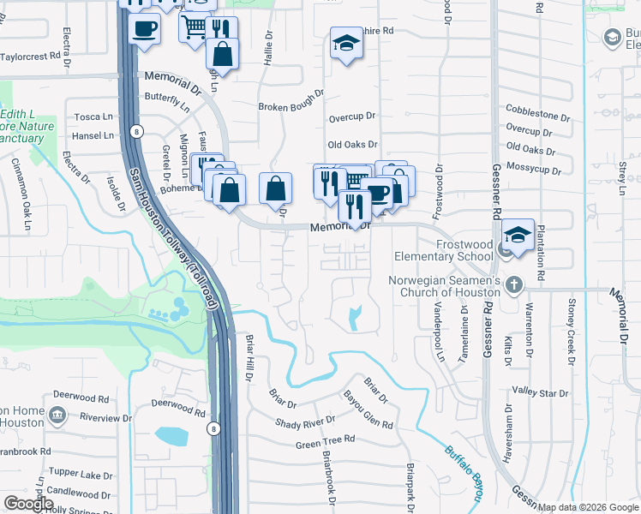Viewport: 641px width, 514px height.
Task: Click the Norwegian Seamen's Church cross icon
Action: [513, 284]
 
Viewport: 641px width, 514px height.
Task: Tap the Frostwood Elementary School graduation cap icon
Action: [518, 235]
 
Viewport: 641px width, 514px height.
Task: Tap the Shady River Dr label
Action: [305, 422]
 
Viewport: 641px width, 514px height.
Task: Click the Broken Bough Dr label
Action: [291, 106]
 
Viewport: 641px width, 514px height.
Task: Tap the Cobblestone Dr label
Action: [538, 116]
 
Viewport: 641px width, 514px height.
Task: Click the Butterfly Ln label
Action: [167, 101]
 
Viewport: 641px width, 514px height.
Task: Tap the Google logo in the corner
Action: [29, 504]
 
